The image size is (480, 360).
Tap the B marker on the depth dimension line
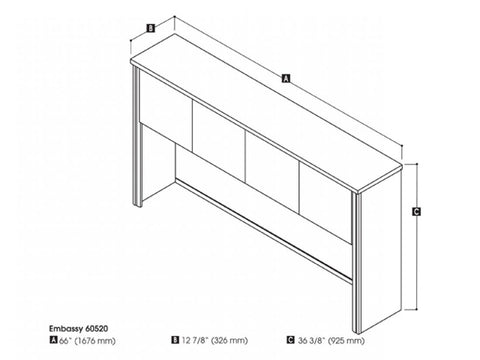149,29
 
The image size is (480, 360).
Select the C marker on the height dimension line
415,211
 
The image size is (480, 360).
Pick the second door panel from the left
219,141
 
